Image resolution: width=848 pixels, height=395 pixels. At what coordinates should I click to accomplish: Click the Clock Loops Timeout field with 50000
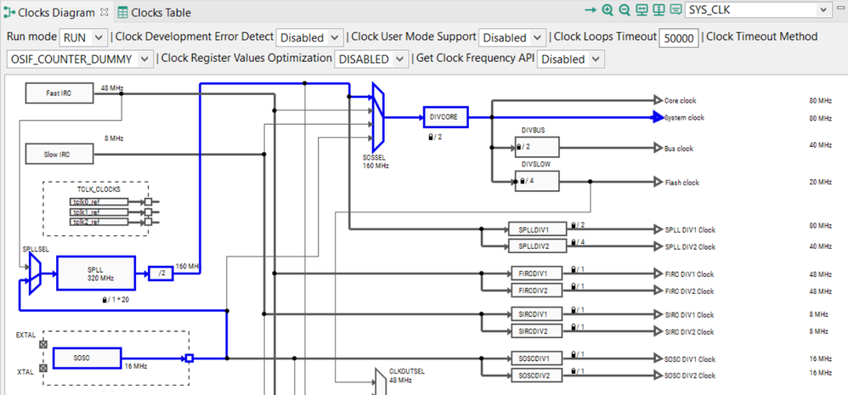click(x=680, y=37)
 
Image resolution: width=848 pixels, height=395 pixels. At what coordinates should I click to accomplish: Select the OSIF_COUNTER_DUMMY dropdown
click(x=81, y=59)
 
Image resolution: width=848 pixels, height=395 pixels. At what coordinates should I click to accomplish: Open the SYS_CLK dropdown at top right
click(x=757, y=10)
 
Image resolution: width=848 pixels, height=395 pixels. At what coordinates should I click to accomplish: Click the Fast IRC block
click(x=59, y=92)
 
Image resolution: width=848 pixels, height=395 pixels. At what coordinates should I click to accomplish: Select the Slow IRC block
click(x=59, y=155)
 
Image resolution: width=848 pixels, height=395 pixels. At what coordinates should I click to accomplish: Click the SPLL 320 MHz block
click(x=95, y=274)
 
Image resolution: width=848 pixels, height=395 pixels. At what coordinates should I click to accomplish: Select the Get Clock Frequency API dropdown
click(x=572, y=59)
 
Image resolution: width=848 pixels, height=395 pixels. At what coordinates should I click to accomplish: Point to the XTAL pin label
click(x=25, y=372)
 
